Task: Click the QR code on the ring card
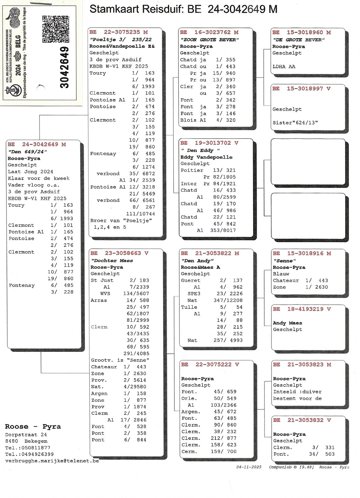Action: pos(56,29)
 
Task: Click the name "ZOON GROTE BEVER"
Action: pos(209,40)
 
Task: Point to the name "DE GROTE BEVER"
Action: pos(299,40)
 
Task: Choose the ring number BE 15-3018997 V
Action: pos(301,89)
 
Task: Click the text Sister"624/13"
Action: pos(295,123)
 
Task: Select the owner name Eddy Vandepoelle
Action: pos(206,157)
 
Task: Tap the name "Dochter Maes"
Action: pos(112,260)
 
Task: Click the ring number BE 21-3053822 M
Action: pos(210,253)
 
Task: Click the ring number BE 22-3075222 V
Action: pos(210,364)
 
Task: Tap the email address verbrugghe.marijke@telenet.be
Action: pos(52,461)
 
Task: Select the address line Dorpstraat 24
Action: pos(26,435)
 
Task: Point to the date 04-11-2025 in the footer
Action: pos(249,467)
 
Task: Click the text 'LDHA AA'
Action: pos(284,66)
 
